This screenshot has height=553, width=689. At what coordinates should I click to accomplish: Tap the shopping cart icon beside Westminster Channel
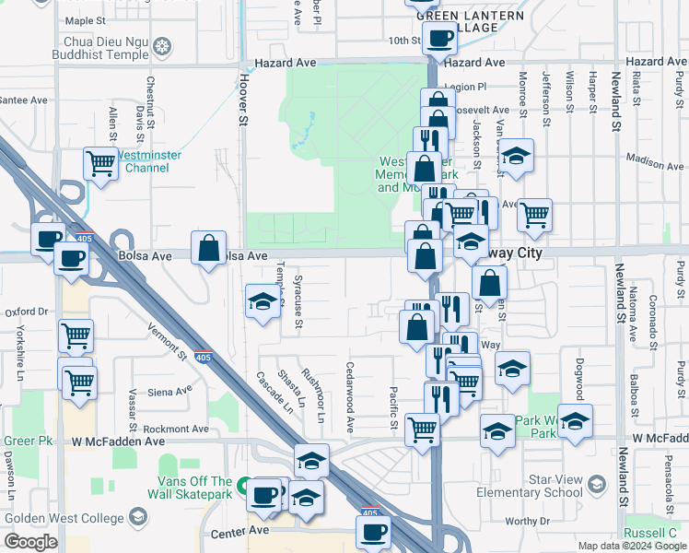click(x=101, y=164)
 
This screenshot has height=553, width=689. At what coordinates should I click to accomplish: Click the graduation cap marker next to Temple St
click(x=263, y=301)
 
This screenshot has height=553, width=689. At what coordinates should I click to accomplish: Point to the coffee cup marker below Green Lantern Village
click(x=439, y=38)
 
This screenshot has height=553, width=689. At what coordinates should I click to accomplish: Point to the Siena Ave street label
click(x=169, y=391)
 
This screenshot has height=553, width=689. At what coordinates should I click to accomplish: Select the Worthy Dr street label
click(x=527, y=521)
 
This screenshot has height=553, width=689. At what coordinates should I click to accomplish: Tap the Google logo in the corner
click(x=30, y=542)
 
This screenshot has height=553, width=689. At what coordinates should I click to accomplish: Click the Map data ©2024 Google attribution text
click(x=631, y=546)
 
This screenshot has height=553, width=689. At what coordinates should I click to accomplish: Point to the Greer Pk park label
click(x=28, y=441)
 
